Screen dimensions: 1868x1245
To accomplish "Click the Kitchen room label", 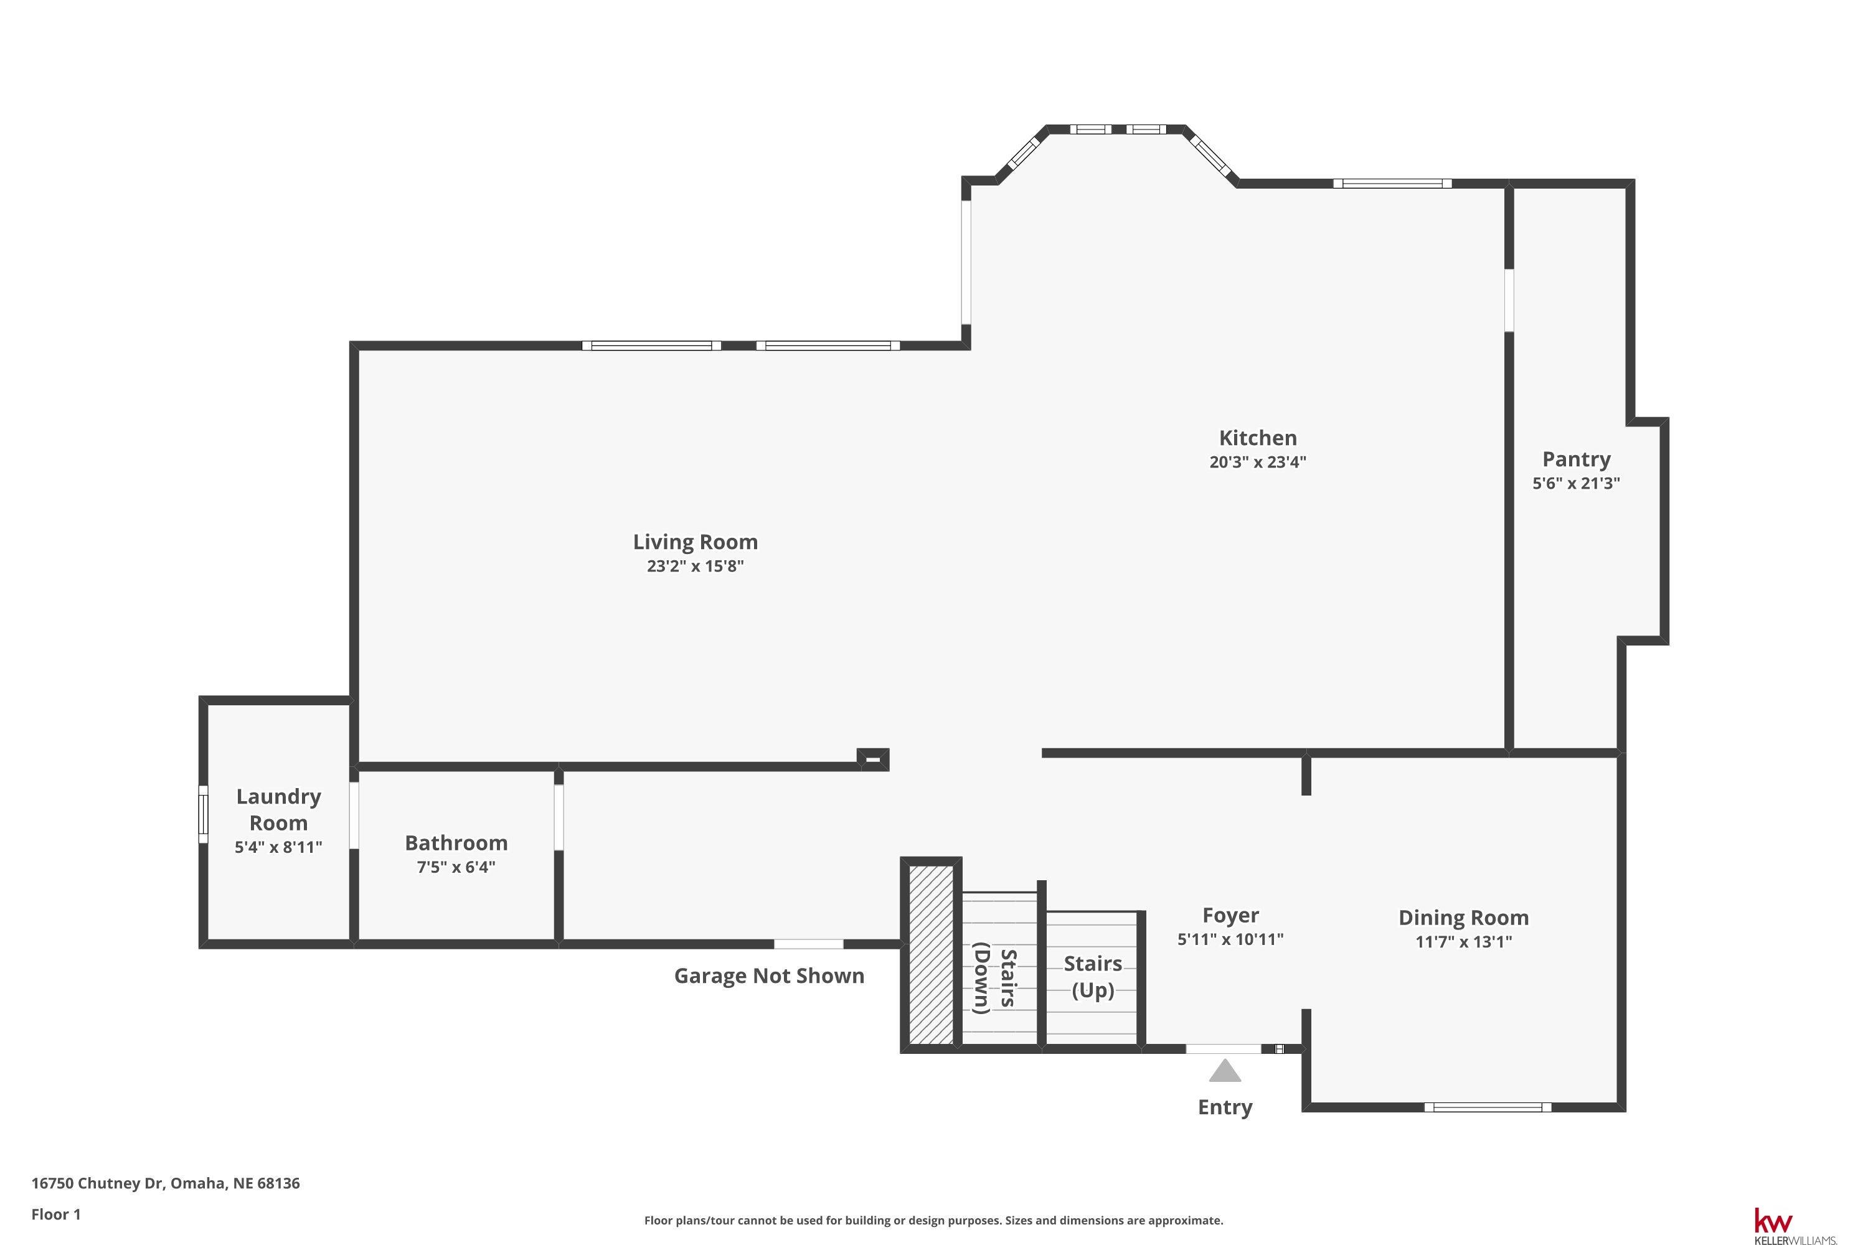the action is click(1257, 438).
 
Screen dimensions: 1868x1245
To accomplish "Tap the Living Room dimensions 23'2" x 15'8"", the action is click(695, 566).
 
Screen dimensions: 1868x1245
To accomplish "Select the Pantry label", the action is click(1576, 460).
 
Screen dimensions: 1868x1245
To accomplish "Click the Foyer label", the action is click(1230, 916).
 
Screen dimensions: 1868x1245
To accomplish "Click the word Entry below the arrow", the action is click(1225, 1107).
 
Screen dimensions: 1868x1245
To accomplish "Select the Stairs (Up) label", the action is click(1093, 977).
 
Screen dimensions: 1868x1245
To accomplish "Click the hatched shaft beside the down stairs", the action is click(930, 954).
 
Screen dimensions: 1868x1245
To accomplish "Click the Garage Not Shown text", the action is click(769, 976).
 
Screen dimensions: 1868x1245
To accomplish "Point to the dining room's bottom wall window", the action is click(1487, 1107).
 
